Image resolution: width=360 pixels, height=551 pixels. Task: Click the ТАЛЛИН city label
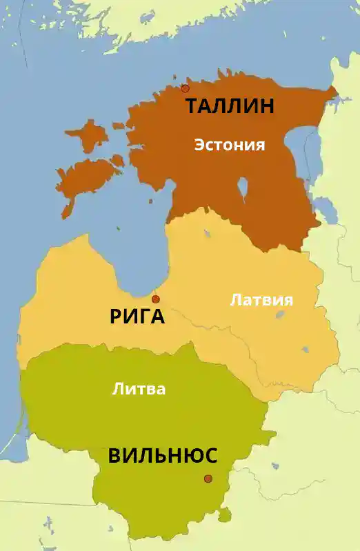tap(230, 106)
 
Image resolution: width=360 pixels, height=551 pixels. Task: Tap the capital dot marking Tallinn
tap(185, 88)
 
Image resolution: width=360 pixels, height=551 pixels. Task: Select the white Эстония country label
tap(230, 145)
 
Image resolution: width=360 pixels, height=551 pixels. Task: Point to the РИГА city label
tap(137, 317)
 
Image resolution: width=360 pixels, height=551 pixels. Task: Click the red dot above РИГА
tap(156, 299)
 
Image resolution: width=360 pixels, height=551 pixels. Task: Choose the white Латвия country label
tap(261, 300)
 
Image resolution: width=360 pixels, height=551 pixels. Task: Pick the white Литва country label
tap(139, 389)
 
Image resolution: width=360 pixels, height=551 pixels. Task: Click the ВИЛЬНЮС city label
tap(163, 456)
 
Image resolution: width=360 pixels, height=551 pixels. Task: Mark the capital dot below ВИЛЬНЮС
tap(208, 479)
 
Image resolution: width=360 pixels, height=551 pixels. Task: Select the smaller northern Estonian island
tap(86, 136)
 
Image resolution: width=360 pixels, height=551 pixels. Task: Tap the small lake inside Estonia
tap(243, 187)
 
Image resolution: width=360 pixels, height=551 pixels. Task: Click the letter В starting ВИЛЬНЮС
tap(115, 456)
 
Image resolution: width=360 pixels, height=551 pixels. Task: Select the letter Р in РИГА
tap(117, 317)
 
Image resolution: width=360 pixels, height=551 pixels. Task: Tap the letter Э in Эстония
tap(199, 145)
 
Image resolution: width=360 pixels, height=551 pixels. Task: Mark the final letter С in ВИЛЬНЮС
tap(210, 456)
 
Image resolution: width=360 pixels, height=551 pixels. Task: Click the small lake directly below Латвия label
tap(280, 314)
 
